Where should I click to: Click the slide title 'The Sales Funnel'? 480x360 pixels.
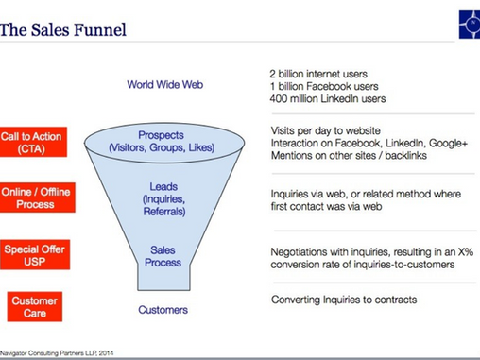coord(63,30)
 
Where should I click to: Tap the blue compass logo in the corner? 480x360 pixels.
coord(470,25)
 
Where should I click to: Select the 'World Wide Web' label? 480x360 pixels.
coord(165,84)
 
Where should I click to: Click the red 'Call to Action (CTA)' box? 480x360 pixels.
coord(33,142)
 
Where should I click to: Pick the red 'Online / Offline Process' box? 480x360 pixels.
coord(38,197)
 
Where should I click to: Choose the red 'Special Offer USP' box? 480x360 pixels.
coord(35,255)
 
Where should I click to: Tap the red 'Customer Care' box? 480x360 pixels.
coord(35,307)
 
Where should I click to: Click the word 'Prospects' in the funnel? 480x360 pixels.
coord(161,135)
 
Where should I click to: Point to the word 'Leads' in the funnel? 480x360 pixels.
coord(163,186)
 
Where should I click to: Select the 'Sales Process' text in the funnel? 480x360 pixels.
coord(163,256)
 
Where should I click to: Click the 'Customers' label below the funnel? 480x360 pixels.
coord(163,310)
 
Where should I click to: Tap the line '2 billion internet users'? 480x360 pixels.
coord(318,74)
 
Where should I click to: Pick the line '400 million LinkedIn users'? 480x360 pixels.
coord(328,98)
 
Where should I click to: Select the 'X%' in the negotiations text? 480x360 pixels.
coord(466,252)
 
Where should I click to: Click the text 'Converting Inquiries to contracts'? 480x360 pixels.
coord(344,300)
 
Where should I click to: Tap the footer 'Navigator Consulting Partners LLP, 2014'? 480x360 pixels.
coord(57,353)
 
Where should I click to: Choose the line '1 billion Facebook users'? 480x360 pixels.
coord(324,86)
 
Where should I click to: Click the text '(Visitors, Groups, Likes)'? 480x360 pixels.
coord(162,147)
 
